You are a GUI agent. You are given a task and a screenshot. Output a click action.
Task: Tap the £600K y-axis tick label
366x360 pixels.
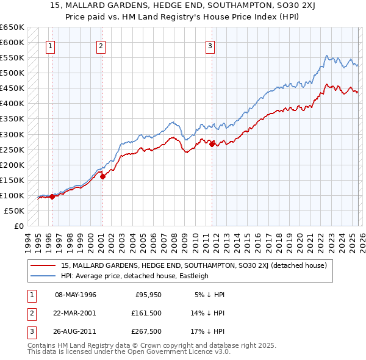(12, 43)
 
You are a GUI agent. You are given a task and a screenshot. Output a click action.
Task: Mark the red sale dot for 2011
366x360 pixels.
(212, 144)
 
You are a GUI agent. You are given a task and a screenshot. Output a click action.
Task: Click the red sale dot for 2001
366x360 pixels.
(102, 176)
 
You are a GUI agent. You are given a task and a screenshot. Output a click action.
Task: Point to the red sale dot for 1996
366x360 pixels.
(52, 196)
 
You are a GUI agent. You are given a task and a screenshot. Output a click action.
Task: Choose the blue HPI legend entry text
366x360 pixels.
(135, 276)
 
